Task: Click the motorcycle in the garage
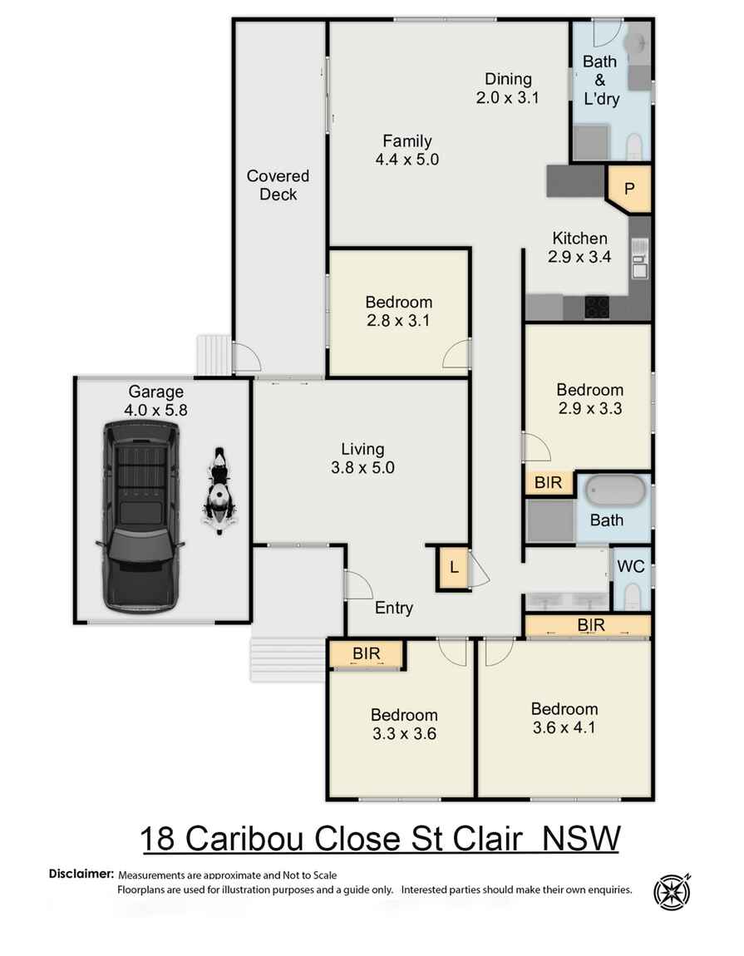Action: coord(218,490)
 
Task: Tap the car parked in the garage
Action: coord(141,515)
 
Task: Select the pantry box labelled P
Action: coord(629,188)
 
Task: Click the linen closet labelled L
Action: coord(453,568)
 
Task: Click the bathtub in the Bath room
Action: coord(616,490)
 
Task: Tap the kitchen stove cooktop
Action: coord(597,307)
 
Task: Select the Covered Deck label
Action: coord(278,185)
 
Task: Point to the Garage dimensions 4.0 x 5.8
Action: coord(155,410)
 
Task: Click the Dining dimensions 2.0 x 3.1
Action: coord(508,97)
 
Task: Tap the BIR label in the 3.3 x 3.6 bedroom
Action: coord(366,653)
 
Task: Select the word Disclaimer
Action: coord(81,874)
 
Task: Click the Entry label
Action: coord(393,608)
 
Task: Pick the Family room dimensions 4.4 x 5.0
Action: coord(406,160)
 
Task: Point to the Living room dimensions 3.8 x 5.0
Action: coord(362,467)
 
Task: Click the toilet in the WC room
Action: coord(632,596)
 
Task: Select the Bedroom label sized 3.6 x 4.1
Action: coord(564,709)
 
